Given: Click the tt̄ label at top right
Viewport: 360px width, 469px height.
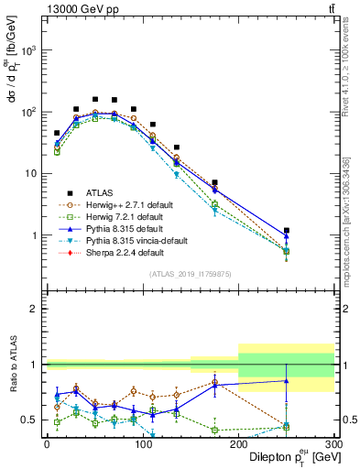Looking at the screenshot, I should (x=329, y=9).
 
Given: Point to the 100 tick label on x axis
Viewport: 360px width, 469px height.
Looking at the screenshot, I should (x=142, y=444).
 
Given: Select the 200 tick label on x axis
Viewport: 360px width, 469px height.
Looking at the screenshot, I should (x=237, y=444).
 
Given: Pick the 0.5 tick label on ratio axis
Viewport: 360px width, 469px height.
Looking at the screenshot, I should (x=30, y=420).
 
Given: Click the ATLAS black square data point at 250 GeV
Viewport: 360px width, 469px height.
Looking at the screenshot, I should (x=286, y=231).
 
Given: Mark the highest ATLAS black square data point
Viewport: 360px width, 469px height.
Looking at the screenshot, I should (x=95, y=99).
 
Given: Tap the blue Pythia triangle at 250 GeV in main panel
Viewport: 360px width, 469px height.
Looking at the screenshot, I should (x=286, y=236).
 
